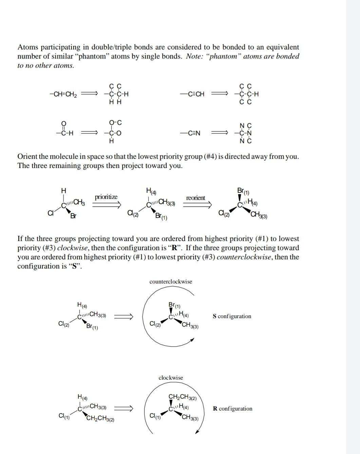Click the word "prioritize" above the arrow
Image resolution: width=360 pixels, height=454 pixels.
[106, 197]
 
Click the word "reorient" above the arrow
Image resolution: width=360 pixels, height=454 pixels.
[195, 198]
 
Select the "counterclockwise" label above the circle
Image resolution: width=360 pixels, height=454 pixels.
[171, 282]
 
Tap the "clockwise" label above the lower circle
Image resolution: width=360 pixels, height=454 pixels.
[171, 378]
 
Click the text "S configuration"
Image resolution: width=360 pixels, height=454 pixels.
[232, 316]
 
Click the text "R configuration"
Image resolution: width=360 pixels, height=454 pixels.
[232, 408]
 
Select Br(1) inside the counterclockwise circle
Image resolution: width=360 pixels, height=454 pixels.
[174, 305]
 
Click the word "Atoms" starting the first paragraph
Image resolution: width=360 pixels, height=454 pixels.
[27, 47]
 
